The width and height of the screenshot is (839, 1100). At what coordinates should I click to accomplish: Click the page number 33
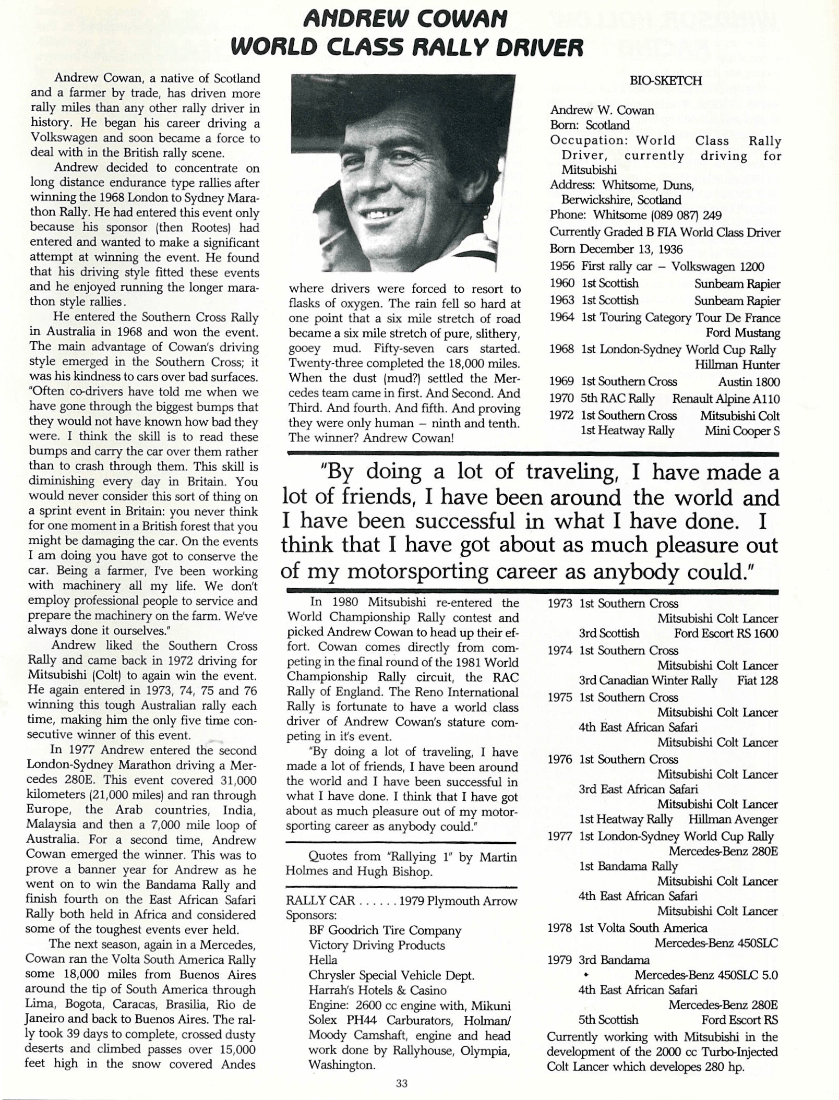point(401,1084)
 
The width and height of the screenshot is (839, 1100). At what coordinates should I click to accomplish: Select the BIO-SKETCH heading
point(665,80)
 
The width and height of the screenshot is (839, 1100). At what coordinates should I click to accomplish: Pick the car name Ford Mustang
point(742,332)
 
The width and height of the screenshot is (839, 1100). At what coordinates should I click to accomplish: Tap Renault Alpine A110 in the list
point(726,399)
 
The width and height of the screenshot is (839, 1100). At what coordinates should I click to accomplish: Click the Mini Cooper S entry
point(741,431)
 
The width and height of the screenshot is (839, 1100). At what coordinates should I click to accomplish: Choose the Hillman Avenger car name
point(733,819)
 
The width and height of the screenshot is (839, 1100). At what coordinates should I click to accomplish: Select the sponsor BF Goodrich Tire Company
point(385,930)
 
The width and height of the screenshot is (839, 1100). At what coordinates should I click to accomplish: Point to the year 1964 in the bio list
point(562,318)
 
